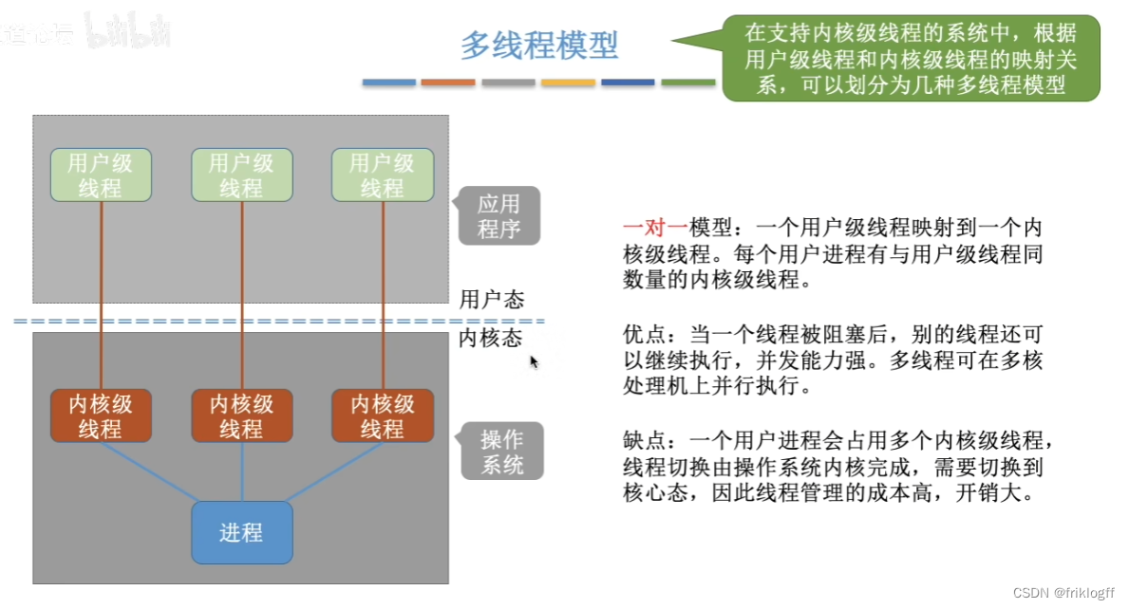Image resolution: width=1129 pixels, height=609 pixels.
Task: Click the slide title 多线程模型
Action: (x=538, y=45)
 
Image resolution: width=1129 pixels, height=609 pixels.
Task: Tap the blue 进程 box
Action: (x=241, y=532)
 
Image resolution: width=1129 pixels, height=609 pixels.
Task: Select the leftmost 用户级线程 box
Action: (x=101, y=175)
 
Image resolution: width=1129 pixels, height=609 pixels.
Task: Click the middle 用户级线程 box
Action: (x=241, y=175)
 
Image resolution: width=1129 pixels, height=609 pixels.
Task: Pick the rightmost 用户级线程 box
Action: (x=382, y=175)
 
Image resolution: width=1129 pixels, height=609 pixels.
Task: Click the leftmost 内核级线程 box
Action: (x=101, y=416)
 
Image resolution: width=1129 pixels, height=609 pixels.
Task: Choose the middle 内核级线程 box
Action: (x=241, y=416)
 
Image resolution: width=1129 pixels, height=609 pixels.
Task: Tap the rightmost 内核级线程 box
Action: (x=382, y=416)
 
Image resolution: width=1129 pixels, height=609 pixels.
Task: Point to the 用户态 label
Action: (x=491, y=300)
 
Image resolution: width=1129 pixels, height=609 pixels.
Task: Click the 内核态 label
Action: (x=490, y=339)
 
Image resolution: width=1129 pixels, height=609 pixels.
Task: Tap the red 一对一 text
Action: (x=654, y=229)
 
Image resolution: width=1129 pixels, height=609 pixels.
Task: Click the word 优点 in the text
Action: (x=642, y=336)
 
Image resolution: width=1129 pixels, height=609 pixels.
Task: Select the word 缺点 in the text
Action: (x=642, y=442)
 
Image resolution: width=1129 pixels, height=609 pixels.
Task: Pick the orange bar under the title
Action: (x=448, y=83)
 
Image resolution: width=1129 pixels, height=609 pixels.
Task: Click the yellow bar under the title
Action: (x=568, y=83)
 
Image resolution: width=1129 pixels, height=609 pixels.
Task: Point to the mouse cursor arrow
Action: (x=534, y=361)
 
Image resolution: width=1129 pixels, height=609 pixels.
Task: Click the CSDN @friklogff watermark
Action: (x=1065, y=592)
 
